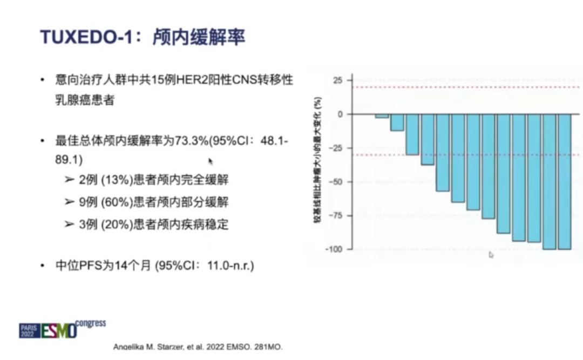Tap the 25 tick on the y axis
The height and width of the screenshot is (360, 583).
[x=338, y=80]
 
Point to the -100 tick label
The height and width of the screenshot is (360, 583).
[x=335, y=249]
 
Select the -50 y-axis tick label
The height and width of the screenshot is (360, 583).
[x=336, y=182]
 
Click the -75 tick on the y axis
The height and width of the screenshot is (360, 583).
[x=336, y=216]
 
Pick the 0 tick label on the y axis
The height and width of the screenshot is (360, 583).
[x=341, y=114]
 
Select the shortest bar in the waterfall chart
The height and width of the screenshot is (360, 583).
[x=382, y=116]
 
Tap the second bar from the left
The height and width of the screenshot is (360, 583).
[x=397, y=123]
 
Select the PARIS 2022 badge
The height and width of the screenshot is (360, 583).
[x=29, y=331]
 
